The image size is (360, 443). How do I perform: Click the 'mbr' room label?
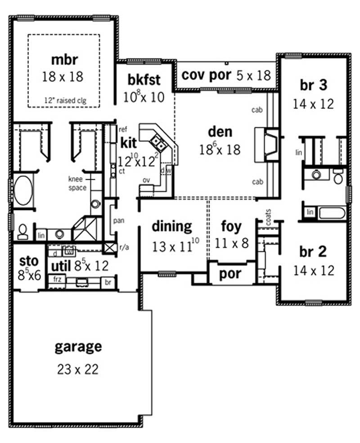[63, 60]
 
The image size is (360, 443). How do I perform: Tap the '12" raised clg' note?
[63, 101]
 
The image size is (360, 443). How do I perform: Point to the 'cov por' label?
[206, 75]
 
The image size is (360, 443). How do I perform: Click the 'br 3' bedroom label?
[313, 85]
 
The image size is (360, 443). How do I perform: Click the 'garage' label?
[78, 347]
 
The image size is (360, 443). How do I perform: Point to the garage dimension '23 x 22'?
[78, 369]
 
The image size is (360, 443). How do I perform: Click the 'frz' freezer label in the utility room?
[57, 279]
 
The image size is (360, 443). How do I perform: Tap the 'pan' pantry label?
[119, 221]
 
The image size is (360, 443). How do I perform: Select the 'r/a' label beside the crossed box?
[124, 247]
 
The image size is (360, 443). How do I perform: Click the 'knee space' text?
[77, 183]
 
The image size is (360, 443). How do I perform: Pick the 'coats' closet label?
[269, 218]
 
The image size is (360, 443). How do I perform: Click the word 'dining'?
[171, 226]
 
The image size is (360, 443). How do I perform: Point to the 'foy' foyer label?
[231, 226]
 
